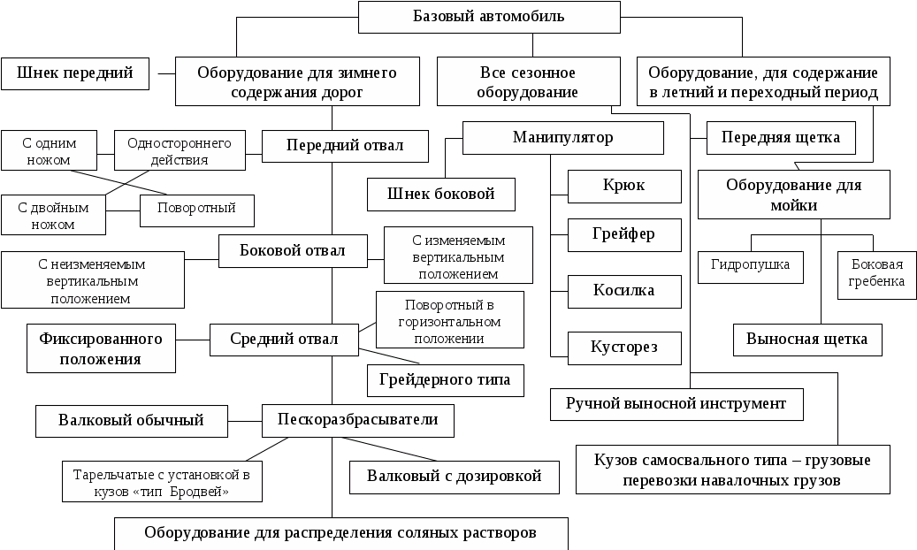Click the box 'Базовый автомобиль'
(x=488, y=17)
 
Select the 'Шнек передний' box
(x=74, y=73)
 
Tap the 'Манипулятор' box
(x=562, y=138)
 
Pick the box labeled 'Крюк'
(x=623, y=186)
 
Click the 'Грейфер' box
(x=623, y=235)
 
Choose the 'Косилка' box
(x=623, y=291)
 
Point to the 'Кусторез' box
(x=623, y=348)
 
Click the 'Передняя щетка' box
(x=781, y=138)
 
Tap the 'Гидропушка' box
(x=750, y=264)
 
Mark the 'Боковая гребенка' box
(x=877, y=273)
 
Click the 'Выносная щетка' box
(x=806, y=340)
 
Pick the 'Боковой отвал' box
(x=293, y=251)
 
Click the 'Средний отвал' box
(x=284, y=340)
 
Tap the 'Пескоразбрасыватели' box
(x=357, y=420)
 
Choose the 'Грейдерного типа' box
(x=445, y=380)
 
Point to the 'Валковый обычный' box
(x=131, y=420)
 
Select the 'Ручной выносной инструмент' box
(x=676, y=404)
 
